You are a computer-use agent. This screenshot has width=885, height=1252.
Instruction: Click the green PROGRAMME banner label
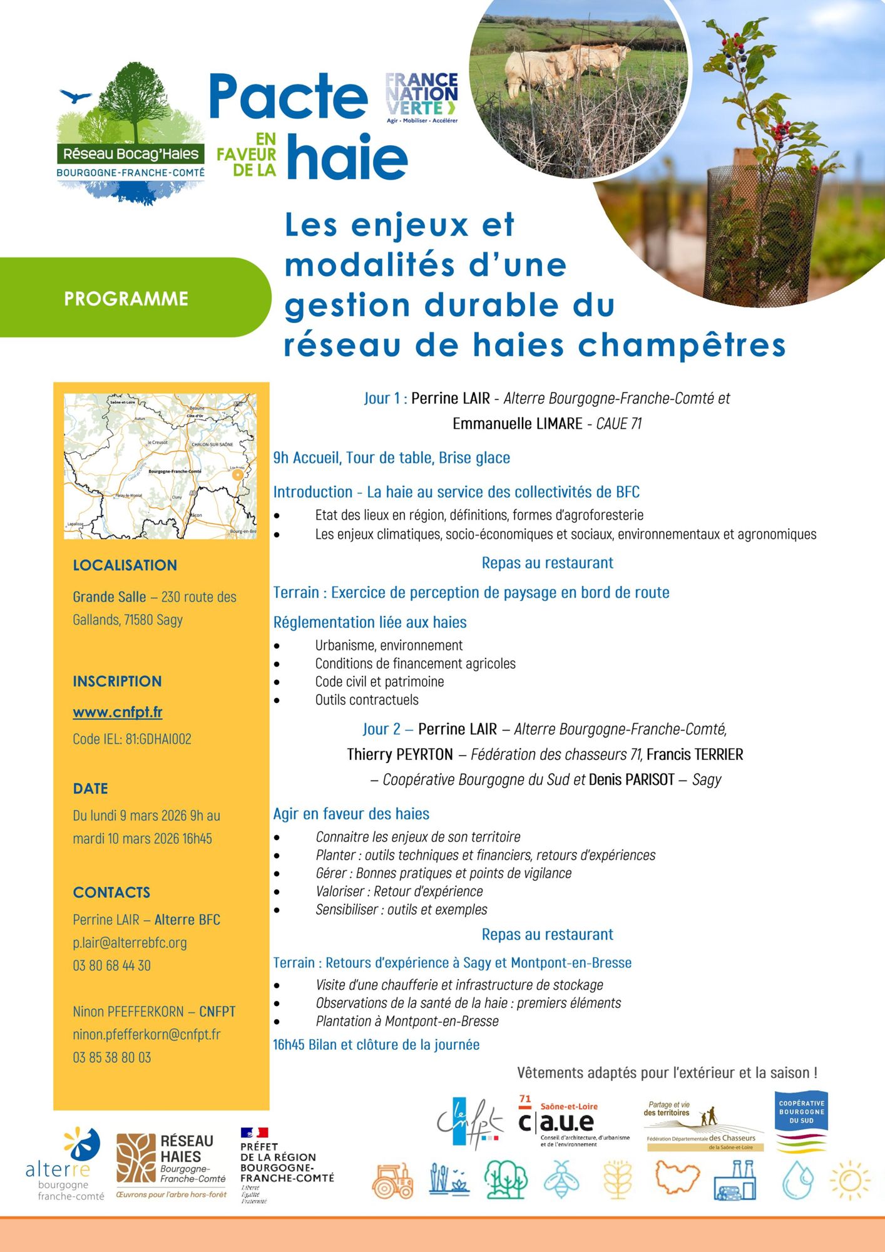(x=126, y=299)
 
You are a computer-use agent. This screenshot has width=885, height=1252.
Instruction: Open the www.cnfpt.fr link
(x=118, y=712)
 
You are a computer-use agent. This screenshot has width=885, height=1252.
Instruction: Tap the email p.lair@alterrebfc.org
(x=130, y=943)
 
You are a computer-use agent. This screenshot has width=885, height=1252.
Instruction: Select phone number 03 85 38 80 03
(x=112, y=1057)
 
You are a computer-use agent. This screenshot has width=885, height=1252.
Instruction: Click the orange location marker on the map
(x=237, y=475)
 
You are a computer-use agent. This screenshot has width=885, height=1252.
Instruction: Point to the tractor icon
(x=392, y=1181)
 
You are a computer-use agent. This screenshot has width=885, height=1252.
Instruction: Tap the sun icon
(x=849, y=1181)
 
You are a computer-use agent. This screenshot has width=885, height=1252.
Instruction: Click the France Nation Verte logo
(x=422, y=98)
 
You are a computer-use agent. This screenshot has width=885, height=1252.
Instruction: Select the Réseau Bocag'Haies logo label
(x=131, y=154)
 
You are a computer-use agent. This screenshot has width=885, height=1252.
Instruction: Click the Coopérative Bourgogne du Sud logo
(x=801, y=1121)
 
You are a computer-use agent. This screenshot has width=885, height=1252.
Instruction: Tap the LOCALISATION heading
(x=125, y=565)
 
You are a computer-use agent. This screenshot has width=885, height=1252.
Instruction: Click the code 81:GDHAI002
(x=158, y=739)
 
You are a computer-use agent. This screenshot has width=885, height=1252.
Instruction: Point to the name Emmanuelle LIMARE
(x=518, y=424)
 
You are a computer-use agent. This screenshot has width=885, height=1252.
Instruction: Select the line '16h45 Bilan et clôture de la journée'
(x=376, y=1044)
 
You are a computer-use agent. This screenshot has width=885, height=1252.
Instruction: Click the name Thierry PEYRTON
(x=400, y=755)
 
